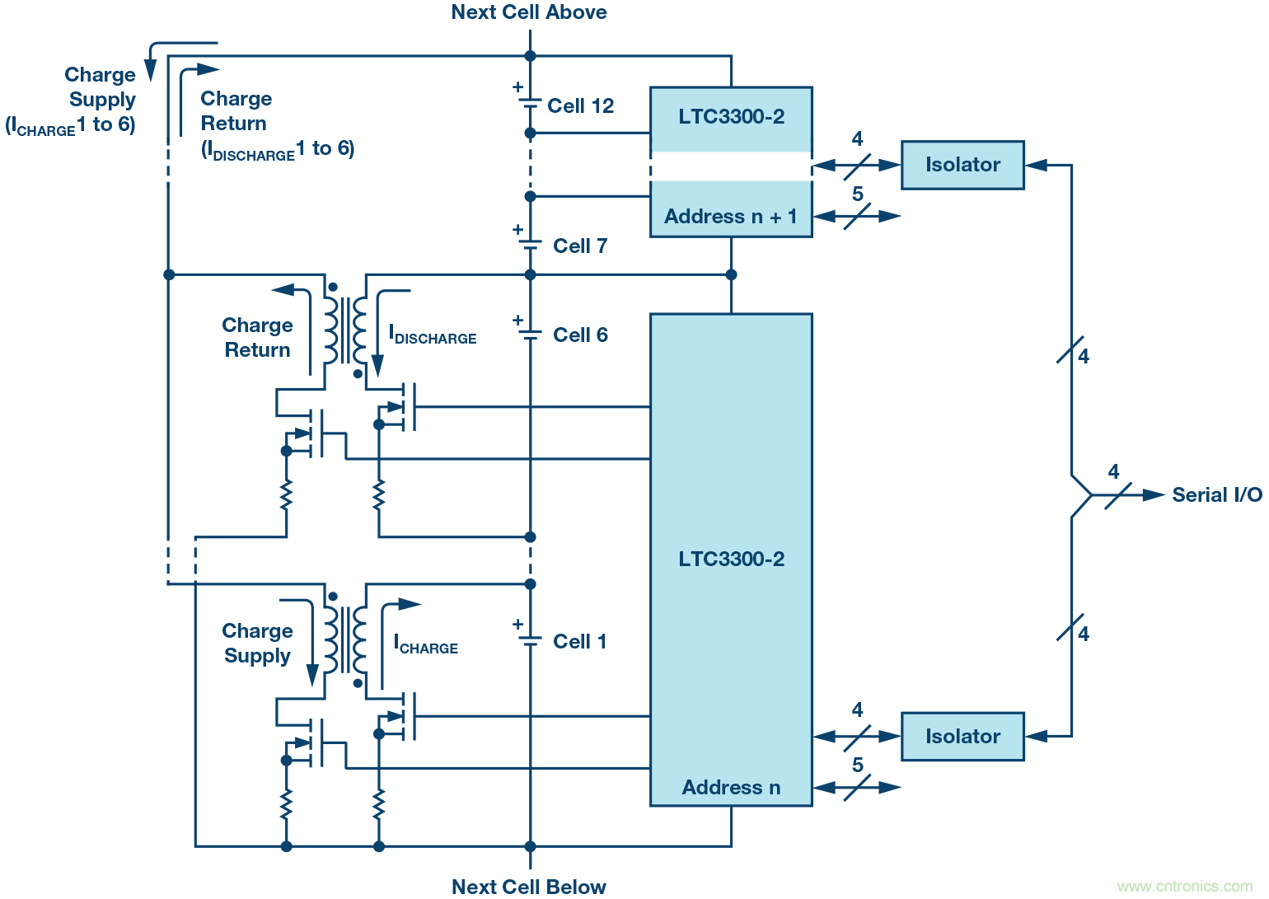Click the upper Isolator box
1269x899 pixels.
962,165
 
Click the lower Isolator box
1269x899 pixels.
962,737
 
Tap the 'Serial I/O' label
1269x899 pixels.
1216,495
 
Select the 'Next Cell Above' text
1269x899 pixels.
529,12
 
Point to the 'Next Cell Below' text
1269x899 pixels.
529,887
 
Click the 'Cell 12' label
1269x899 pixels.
580,106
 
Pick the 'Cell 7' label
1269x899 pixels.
580,246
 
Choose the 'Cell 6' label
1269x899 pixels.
580,335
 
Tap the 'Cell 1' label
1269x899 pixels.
580,642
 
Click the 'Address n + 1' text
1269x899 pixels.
731,217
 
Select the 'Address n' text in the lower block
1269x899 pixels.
731,788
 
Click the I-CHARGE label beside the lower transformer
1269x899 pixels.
426,644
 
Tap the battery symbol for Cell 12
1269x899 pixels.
530,102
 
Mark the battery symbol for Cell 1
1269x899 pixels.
530,639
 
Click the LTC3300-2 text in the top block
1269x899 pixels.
731,117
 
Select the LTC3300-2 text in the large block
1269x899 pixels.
731,560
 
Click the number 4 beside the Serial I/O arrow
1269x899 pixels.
1113,472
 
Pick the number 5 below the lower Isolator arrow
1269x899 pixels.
858,766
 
